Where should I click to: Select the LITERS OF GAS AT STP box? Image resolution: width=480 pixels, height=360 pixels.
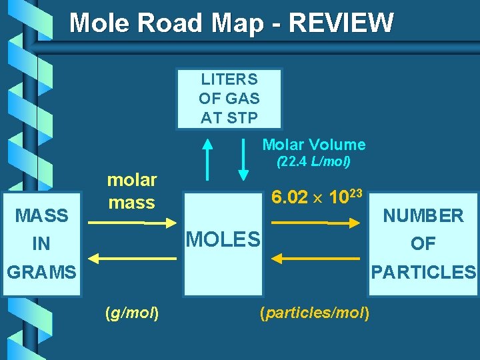229,98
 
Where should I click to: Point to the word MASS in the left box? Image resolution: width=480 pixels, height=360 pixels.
41,215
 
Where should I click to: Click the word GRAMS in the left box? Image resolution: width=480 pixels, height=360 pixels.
41,272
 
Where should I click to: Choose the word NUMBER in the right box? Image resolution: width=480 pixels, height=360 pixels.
423,215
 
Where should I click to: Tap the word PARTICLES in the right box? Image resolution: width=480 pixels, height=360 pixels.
423,272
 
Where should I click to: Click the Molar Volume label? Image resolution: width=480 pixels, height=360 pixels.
313,145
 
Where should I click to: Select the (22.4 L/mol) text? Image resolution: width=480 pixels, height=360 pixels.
313,162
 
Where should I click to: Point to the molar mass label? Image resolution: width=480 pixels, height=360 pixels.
131,191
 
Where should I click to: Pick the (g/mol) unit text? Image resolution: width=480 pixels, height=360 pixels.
131,313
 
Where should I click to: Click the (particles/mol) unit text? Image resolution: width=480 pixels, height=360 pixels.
315,313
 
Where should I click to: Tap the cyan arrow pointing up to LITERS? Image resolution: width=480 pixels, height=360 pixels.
208,159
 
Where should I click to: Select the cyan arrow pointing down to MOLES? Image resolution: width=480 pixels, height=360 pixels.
243,159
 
